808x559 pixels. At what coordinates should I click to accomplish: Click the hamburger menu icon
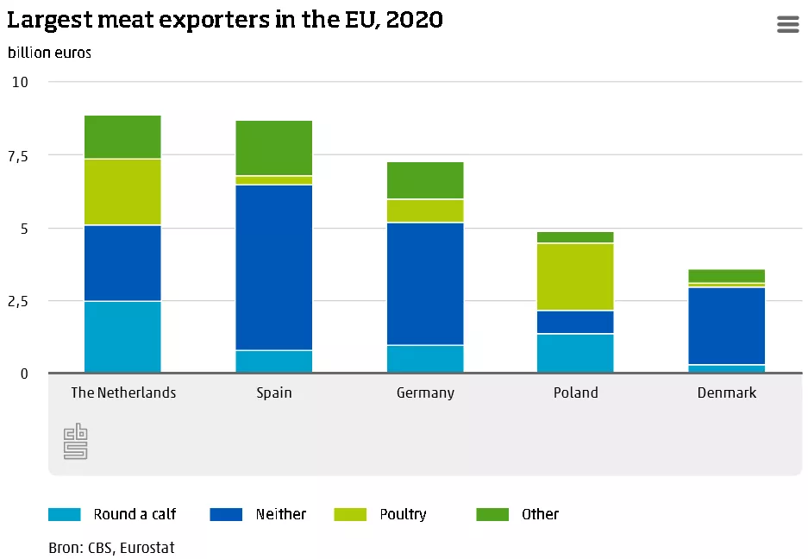click(788, 24)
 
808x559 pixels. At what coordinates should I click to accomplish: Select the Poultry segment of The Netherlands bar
click(122, 192)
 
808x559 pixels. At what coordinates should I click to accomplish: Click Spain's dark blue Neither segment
click(273, 267)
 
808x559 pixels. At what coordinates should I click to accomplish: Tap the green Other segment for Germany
click(425, 180)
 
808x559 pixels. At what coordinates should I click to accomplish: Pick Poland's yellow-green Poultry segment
click(575, 276)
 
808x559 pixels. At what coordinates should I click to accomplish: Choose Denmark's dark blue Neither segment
click(726, 325)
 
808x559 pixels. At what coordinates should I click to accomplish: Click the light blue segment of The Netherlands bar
click(122, 336)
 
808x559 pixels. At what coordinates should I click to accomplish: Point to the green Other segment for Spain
click(273, 148)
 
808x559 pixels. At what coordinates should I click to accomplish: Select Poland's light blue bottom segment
click(575, 353)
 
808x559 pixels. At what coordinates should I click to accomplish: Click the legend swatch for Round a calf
click(65, 514)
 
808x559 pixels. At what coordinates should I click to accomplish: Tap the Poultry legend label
click(403, 514)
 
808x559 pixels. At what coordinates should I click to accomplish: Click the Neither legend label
click(280, 514)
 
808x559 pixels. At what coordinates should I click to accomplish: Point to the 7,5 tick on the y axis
click(18, 155)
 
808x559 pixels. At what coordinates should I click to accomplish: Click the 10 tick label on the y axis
click(20, 82)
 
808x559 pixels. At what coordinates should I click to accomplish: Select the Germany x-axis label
click(425, 393)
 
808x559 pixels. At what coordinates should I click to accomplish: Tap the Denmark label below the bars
click(726, 393)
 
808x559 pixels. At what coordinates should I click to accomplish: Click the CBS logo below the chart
click(76, 441)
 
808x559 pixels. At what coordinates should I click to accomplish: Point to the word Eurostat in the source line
click(147, 548)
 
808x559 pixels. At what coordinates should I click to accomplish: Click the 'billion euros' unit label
click(50, 52)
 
